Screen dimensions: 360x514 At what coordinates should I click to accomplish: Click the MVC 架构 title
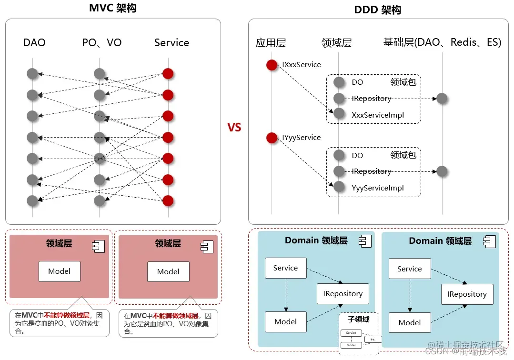(112, 8)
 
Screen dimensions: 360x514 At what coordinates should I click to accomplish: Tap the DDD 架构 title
(378, 10)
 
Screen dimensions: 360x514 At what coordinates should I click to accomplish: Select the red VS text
(234, 128)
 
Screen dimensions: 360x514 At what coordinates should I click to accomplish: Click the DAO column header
(34, 43)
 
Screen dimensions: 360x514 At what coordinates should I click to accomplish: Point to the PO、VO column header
(102, 43)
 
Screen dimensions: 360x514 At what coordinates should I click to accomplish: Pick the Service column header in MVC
(171, 43)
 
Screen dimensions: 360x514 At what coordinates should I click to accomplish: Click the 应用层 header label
(271, 43)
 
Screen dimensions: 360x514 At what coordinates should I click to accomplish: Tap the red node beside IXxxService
(272, 65)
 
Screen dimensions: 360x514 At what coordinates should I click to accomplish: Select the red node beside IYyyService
(272, 138)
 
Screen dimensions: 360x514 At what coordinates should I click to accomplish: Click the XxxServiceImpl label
(378, 115)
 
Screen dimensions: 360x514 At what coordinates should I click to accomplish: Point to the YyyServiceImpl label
(378, 188)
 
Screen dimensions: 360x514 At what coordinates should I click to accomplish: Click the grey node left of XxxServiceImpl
(339, 114)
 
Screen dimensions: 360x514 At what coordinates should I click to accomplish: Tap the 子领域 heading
(359, 319)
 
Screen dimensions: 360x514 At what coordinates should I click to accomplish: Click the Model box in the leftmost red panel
(60, 271)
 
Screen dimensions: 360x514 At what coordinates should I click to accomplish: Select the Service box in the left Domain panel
(285, 268)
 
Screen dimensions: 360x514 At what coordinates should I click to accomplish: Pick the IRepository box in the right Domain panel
(467, 294)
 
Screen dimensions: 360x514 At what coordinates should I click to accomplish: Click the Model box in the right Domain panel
(410, 322)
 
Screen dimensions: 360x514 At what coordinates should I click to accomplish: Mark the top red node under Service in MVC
(168, 73)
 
